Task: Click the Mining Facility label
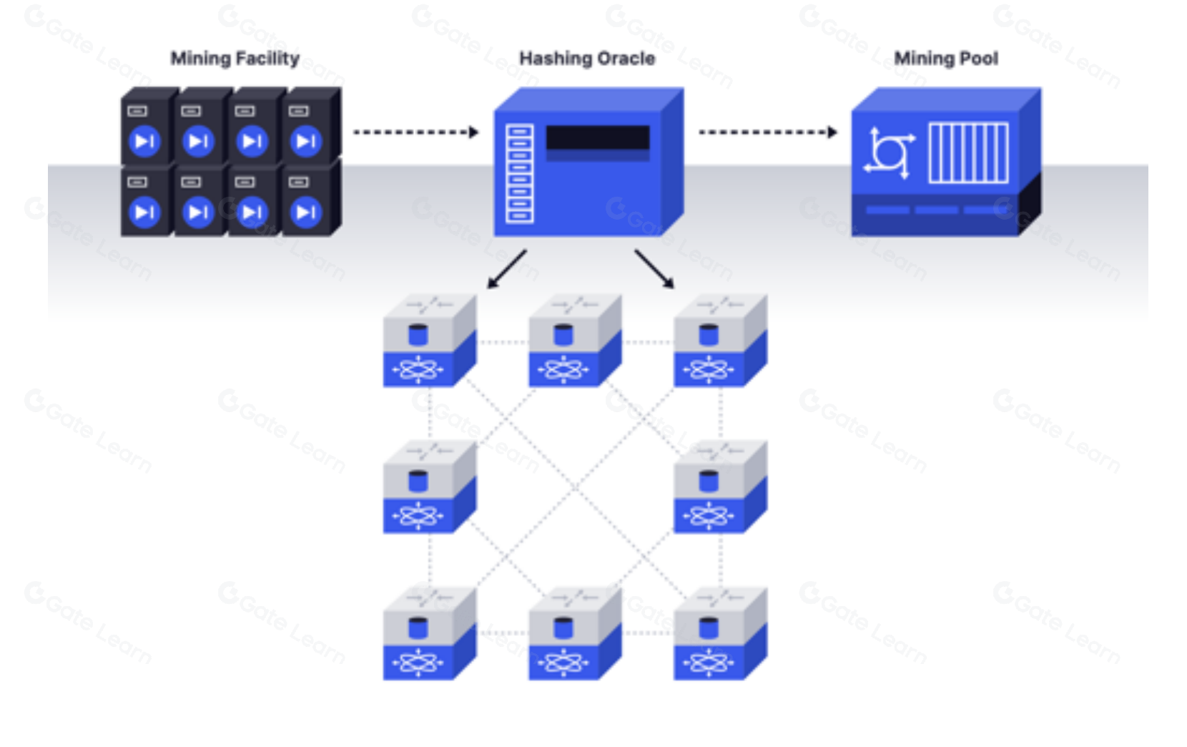[x=235, y=59]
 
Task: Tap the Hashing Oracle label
[x=586, y=59]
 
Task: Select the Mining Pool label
[x=945, y=59]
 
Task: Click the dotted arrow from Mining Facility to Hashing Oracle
[x=415, y=132]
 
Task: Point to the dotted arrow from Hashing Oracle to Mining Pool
[x=767, y=132]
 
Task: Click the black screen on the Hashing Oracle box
[x=598, y=138]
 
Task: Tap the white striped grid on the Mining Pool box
[x=968, y=152]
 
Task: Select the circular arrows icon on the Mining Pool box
[x=889, y=152]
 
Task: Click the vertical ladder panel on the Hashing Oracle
[x=519, y=173]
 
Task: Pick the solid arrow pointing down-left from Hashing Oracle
[x=507, y=269]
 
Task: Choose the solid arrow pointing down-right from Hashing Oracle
[x=654, y=269]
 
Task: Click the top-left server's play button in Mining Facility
[x=144, y=141]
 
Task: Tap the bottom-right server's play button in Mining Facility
[x=305, y=212]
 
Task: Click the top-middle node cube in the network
[x=574, y=341]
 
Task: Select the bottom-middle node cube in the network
[x=574, y=634]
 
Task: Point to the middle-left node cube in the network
[x=429, y=487]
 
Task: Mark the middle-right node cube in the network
[x=719, y=487]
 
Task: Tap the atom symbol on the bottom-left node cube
[x=418, y=663]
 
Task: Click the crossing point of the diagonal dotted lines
[x=575, y=488]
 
